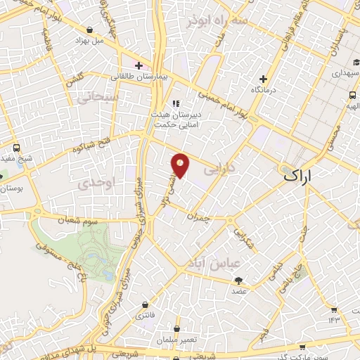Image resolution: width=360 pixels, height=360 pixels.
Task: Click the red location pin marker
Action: (181, 165)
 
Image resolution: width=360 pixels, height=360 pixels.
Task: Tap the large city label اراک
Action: (300, 176)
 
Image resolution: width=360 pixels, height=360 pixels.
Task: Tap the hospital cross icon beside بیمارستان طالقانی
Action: (139, 65)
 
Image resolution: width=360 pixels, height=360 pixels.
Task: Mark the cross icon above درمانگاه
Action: (264, 79)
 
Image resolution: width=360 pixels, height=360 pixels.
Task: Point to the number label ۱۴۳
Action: (333, 321)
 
